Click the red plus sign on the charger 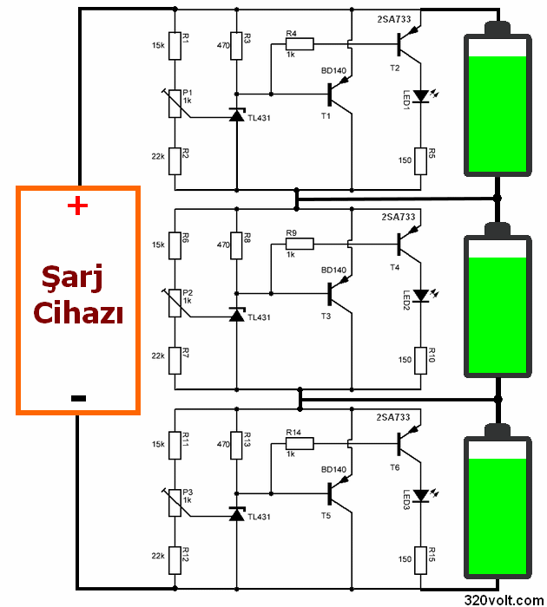click(x=78, y=206)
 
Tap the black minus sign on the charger click(x=78, y=397)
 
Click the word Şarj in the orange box click(x=79, y=279)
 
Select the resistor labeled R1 click(x=175, y=46)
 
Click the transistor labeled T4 click(x=404, y=242)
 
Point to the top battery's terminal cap click(x=498, y=26)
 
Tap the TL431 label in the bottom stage click(x=260, y=518)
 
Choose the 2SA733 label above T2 click(x=393, y=18)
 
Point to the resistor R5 click(x=422, y=160)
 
